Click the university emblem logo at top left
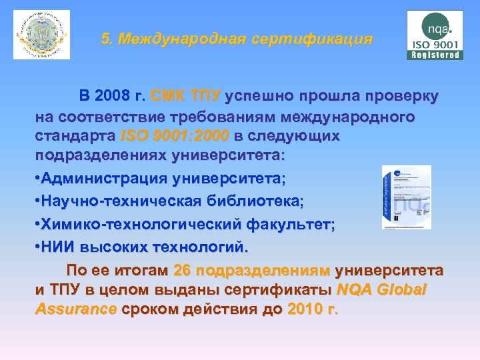pos(41,35)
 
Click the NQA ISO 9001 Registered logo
pos(435,35)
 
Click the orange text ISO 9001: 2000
pos(175,136)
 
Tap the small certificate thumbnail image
pos(406,197)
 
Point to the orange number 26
pos(182,271)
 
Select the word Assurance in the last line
pos(76,310)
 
